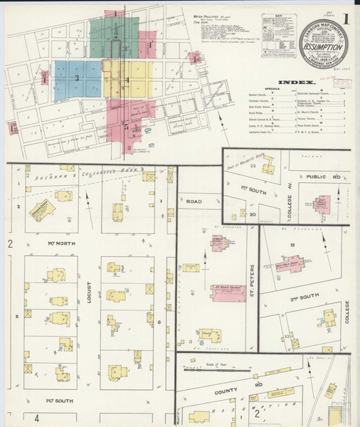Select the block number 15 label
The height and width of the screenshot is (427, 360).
click(x=292, y=246)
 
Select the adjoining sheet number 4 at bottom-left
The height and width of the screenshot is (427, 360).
click(x=36, y=418)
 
